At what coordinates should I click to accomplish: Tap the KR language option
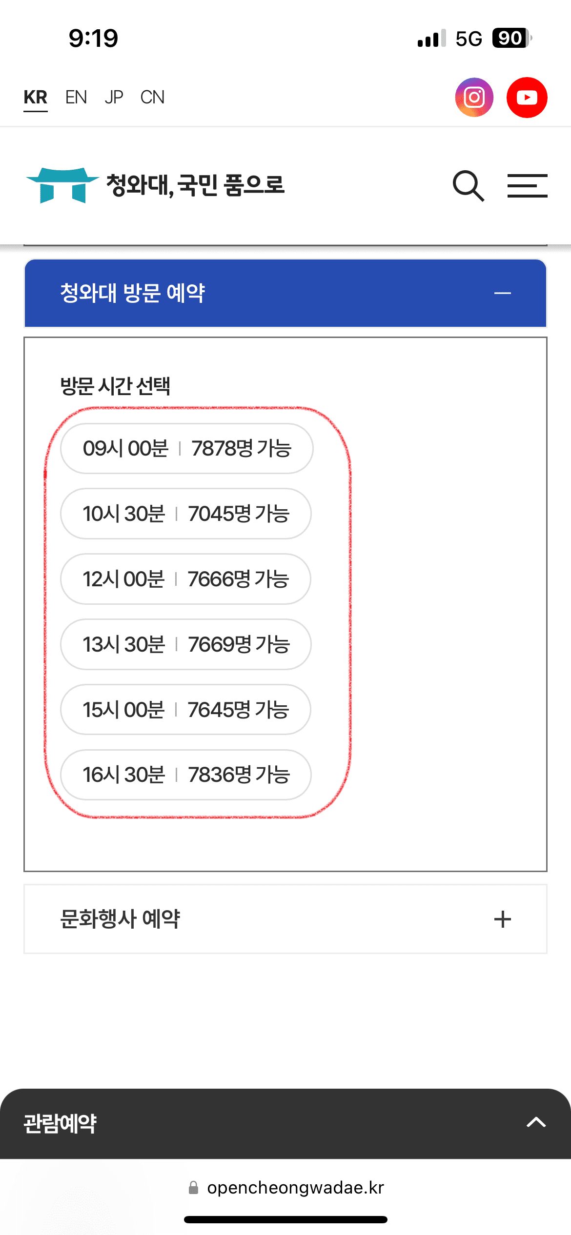36,98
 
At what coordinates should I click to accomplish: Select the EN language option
76,98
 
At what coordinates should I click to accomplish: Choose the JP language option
114,98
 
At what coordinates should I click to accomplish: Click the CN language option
152,98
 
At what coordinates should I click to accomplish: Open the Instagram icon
474,98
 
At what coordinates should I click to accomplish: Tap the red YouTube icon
527,98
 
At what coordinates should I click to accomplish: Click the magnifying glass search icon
468,186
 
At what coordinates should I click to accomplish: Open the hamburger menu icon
527,186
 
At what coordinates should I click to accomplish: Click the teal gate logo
62,185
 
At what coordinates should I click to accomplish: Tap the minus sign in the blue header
502,293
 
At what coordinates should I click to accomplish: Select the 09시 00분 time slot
186,448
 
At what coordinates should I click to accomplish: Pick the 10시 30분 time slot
185,514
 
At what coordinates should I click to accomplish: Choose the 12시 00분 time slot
185,579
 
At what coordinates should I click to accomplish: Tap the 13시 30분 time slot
185,644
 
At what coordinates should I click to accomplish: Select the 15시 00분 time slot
185,710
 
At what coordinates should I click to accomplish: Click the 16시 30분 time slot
185,775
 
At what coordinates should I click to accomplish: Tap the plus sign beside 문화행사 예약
502,919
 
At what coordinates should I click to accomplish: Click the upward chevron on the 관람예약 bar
536,1122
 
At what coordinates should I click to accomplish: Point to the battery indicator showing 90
511,38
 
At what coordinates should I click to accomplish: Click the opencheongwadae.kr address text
295,1188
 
